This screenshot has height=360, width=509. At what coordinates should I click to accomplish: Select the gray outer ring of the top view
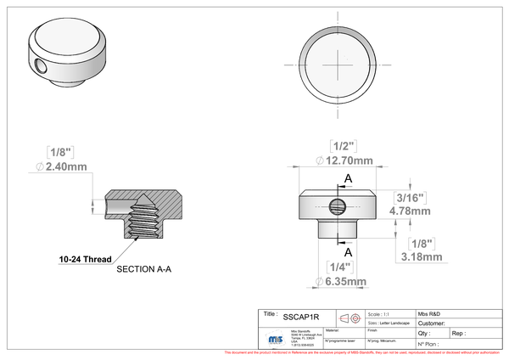[338, 95]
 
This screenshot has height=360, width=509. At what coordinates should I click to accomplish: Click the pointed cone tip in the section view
[145, 198]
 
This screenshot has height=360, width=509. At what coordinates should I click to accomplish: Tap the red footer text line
[365, 351]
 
